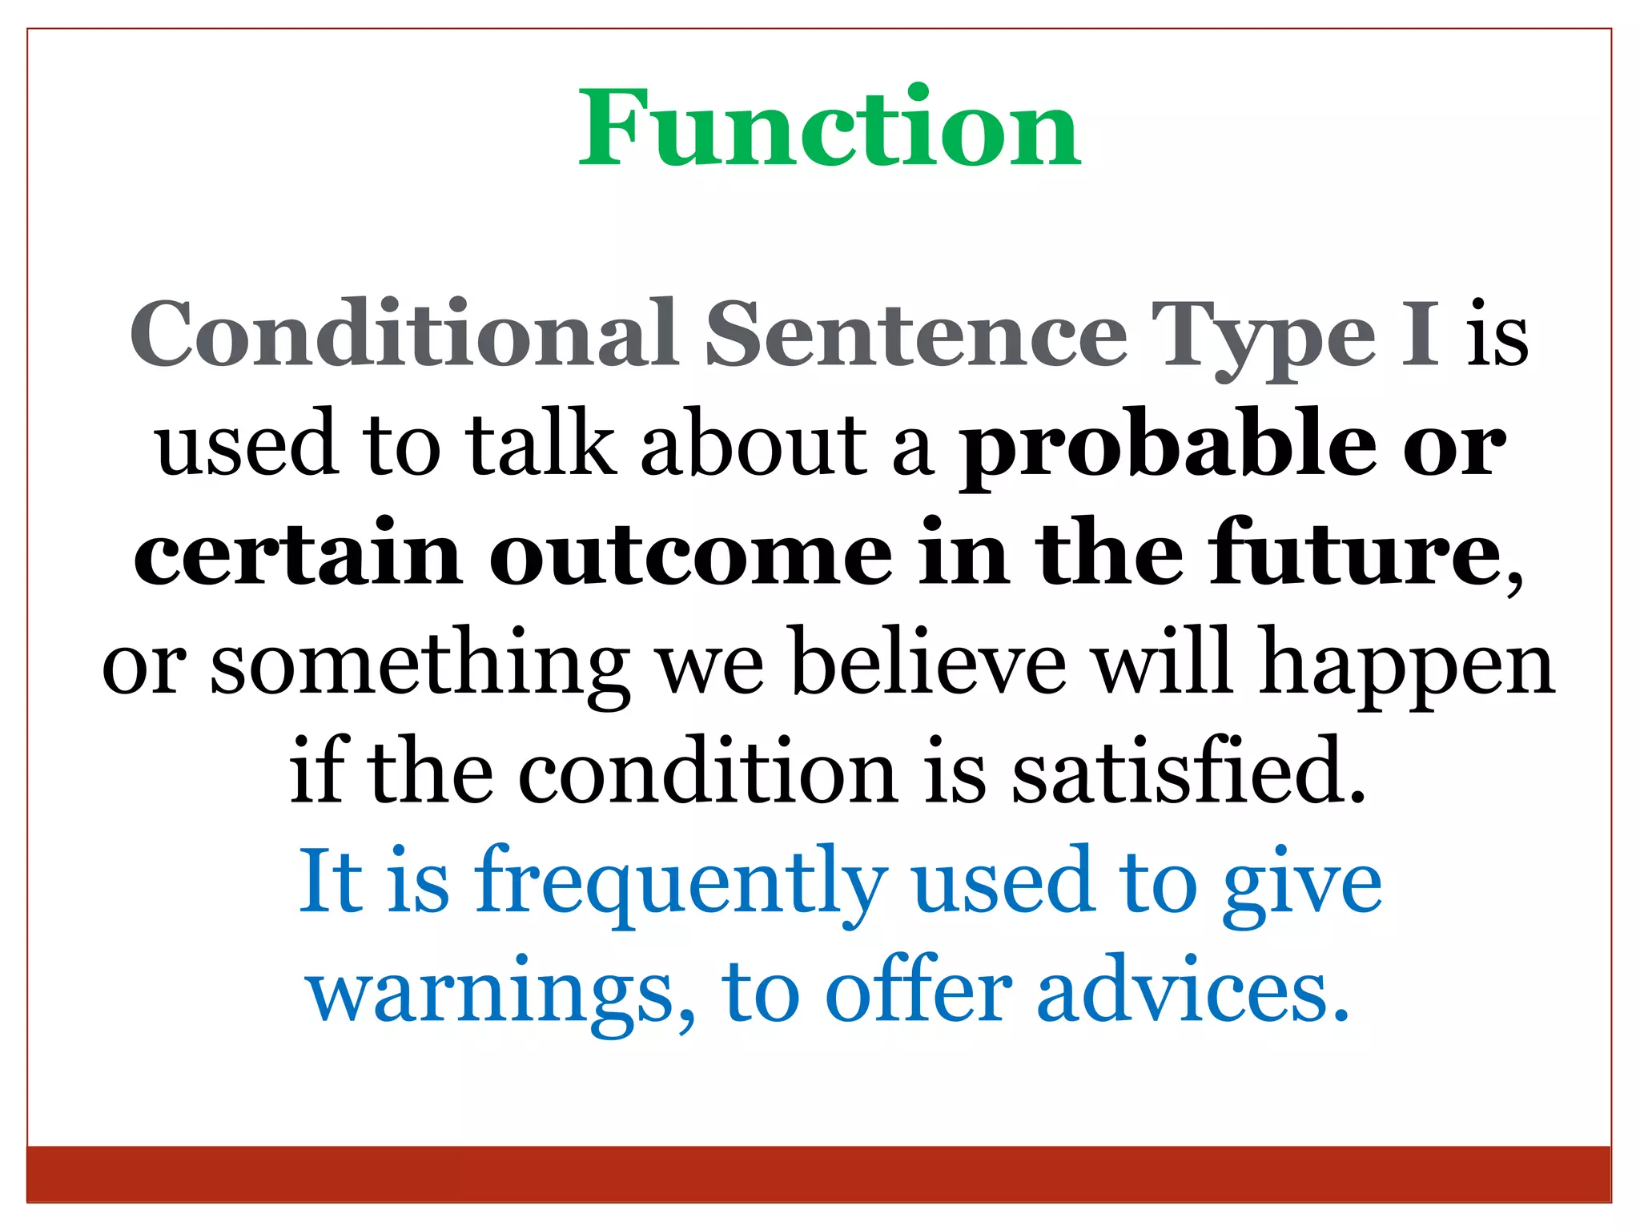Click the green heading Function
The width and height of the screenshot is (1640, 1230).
point(830,128)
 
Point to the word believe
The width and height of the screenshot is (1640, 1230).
point(929,663)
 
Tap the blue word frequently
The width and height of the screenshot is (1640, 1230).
point(681,884)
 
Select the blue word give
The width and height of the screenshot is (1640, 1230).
point(1302,884)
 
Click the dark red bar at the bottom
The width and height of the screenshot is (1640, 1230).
point(818,1173)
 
